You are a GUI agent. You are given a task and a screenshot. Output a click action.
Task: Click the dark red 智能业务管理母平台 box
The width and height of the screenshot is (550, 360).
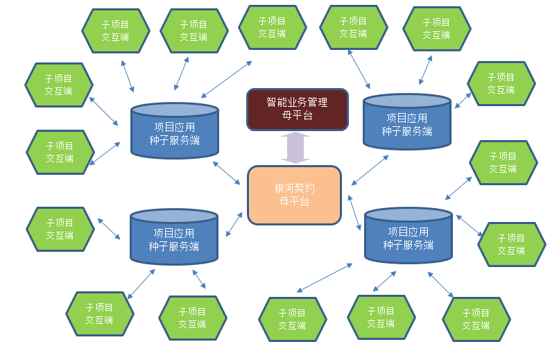pos(298,110)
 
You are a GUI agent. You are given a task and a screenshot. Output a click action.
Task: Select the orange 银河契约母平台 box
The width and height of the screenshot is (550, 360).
pos(294,195)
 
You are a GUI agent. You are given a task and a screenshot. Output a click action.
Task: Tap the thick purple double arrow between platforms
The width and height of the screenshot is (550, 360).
pos(295,148)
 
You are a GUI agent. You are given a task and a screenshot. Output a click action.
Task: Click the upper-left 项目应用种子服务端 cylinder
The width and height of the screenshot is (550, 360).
pos(175,131)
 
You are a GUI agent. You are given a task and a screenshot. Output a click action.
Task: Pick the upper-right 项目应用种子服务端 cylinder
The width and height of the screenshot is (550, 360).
pos(407,122)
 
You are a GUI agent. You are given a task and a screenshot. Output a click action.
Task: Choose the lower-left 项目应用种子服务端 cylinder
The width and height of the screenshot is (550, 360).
pos(174,237)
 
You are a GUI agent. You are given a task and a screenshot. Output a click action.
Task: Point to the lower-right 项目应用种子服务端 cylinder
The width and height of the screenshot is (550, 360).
pos(409,235)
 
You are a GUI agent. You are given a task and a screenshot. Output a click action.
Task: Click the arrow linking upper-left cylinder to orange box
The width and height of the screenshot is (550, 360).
pos(227,173)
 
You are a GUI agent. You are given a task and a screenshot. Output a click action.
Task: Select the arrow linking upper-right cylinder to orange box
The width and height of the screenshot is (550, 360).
pos(370,170)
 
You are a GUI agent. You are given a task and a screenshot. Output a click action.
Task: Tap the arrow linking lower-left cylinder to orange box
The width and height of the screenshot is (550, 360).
pos(234,224)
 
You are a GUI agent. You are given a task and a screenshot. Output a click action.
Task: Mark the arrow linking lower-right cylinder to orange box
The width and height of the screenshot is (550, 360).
pos(354,213)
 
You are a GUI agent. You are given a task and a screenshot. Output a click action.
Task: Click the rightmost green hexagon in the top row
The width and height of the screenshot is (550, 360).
pos(437,28)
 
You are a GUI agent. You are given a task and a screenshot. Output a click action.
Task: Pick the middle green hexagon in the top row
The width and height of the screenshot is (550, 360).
pos(272,27)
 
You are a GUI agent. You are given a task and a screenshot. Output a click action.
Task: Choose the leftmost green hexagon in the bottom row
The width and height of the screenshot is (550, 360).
pos(100,314)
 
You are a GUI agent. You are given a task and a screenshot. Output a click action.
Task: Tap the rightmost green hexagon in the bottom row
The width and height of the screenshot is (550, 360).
pos(476,319)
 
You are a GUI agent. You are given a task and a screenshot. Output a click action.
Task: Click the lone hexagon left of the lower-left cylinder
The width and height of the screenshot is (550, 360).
pos(60,229)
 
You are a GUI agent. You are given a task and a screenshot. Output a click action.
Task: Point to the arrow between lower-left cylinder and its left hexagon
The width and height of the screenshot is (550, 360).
pos(109,229)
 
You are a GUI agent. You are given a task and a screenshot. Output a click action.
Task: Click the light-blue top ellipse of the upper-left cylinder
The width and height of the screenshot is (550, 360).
pos(175,110)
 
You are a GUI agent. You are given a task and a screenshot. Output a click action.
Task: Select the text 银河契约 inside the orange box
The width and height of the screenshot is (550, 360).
pos(294,189)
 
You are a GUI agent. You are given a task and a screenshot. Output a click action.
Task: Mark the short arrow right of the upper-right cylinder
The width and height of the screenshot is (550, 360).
pos(463,101)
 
